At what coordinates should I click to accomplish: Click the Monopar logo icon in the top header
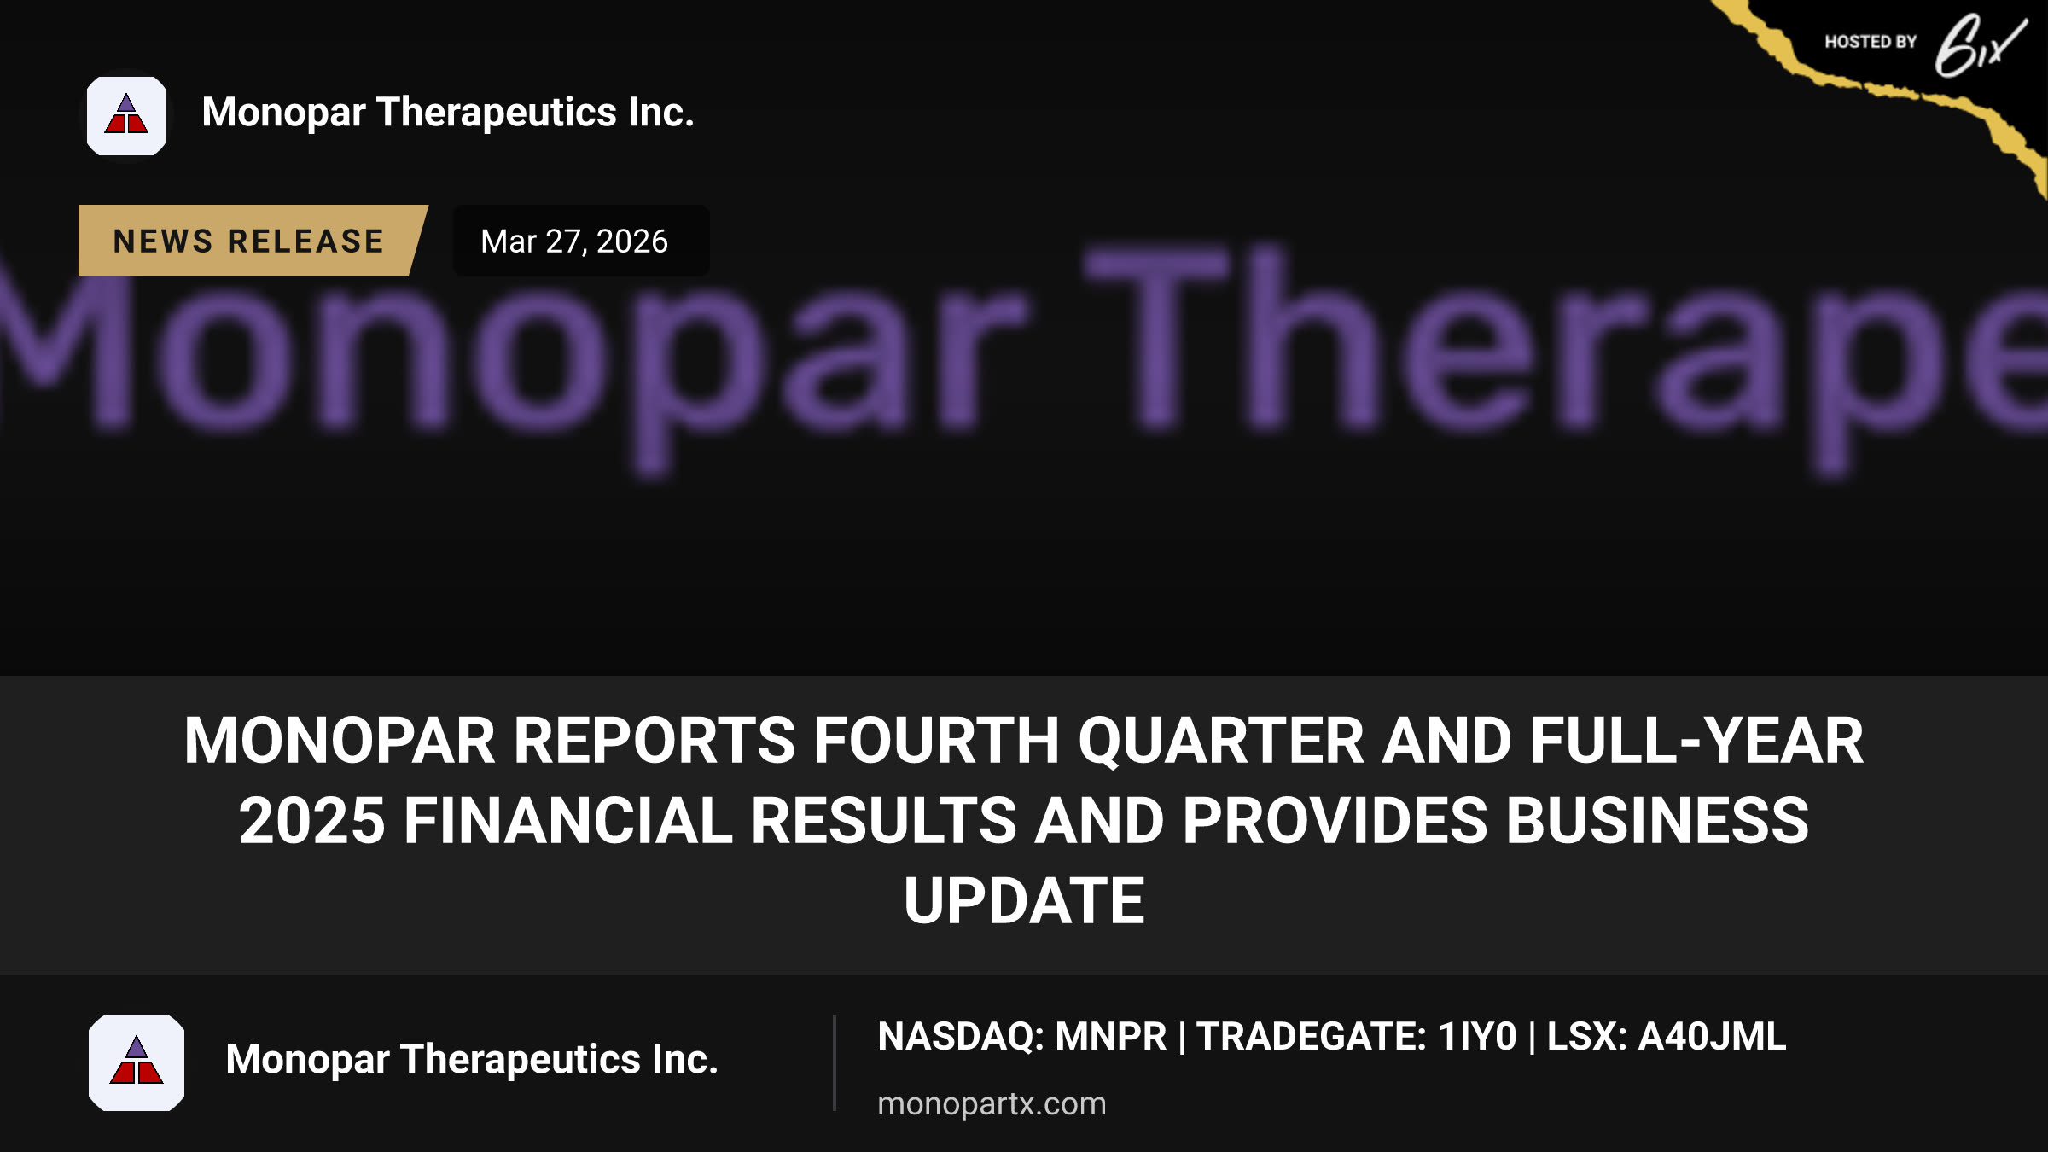[x=126, y=116]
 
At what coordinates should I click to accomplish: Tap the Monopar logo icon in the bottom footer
[x=137, y=1062]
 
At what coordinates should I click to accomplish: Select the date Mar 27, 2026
[x=574, y=241]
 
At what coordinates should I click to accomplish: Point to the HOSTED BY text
[x=1871, y=42]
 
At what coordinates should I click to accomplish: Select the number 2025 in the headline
[x=312, y=821]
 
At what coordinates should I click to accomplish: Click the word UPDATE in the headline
[x=1024, y=901]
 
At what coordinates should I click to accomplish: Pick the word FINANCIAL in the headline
[x=568, y=821]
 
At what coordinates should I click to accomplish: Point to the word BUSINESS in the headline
[x=1657, y=821]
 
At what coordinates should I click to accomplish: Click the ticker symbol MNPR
[x=1110, y=1037]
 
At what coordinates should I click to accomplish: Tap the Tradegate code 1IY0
[x=1477, y=1037]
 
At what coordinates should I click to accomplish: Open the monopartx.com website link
[x=992, y=1103]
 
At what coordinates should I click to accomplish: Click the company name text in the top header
[x=448, y=113]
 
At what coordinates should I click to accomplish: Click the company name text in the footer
[x=472, y=1060]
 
